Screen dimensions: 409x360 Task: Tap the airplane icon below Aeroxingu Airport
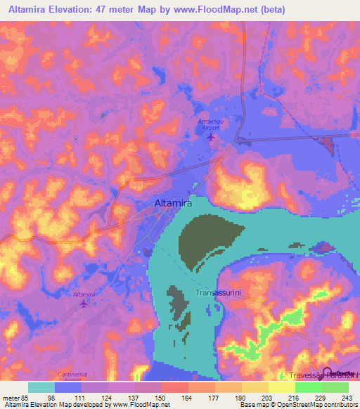pyautogui.click(x=211, y=136)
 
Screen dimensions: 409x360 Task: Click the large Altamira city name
pyautogui.click(x=173, y=204)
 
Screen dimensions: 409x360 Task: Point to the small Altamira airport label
pyautogui.click(x=84, y=295)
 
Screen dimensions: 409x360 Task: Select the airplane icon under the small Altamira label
pyautogui.click(x=84, y=304)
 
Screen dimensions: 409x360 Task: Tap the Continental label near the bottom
pyautogui.click(x=74, y=374)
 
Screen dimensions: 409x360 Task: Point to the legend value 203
pyautogui.click(x=268, y=397)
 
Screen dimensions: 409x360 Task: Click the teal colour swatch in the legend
pyautogui.click(x=41, y=387)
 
